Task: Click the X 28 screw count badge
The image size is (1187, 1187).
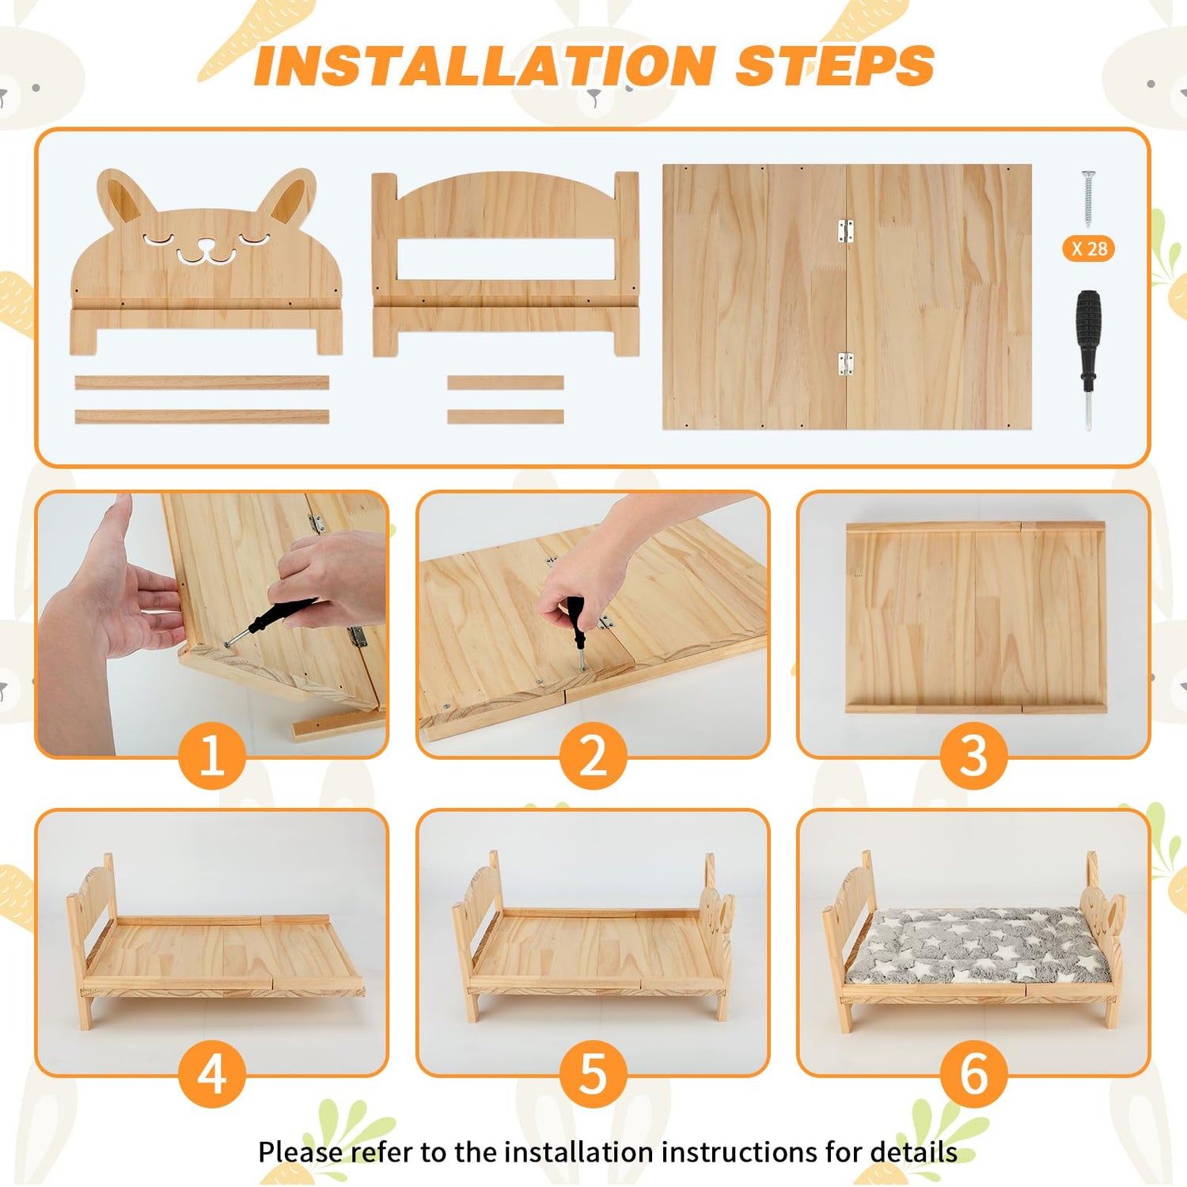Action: pos(1089,248)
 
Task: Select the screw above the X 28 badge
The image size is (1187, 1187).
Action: pos(1089,199)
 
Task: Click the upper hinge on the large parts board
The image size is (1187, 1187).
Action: pos(846,231)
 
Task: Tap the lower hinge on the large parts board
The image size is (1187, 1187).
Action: pos(846,363)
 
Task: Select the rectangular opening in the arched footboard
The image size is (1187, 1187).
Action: pos(505,259)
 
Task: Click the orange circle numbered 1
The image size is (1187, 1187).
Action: pos(212,755)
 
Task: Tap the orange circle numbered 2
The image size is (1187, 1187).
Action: pos(593,755)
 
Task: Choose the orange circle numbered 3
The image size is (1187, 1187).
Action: pos(974,755)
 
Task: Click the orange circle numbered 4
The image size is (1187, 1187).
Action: pos(212,1074)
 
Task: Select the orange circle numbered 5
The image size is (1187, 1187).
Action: pos(593,1074)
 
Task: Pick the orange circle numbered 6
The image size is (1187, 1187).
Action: pos(974,1074)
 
